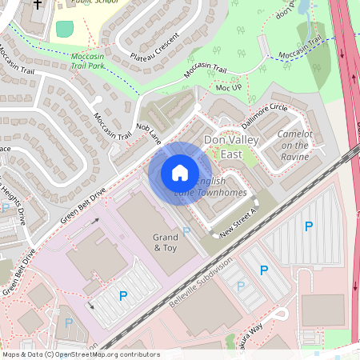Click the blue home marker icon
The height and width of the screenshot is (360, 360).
click(x=180, y=173)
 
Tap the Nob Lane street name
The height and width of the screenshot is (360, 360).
click(x=149, y=132)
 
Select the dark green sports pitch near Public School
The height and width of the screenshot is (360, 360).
click(x=64, y=30)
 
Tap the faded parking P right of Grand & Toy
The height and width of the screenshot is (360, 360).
click(x=186, y=231)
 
